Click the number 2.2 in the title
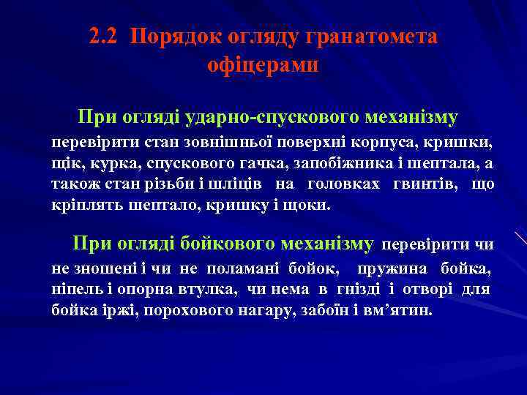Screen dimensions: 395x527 tap(105, 37)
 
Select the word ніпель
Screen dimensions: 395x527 tap(72, 290)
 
